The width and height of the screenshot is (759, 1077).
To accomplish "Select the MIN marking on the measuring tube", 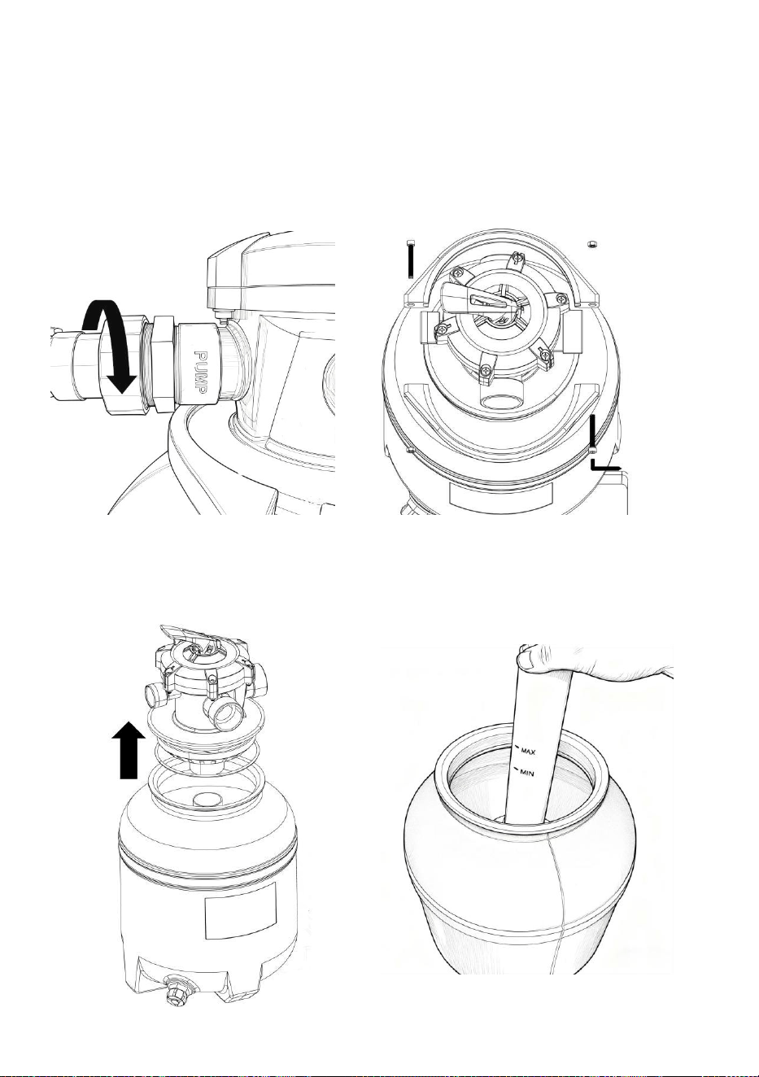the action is click(x=526, y=773).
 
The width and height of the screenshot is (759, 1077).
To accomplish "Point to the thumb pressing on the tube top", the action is click(x=528, y=657).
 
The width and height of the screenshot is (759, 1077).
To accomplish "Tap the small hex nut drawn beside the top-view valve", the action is click(x=592, y=245).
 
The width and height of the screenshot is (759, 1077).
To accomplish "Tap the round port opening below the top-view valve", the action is click(x=501, y=400).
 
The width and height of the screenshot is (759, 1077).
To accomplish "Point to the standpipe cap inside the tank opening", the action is click(x=207, y=799).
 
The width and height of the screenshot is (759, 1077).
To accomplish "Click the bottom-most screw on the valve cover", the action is click(x=486, y=370).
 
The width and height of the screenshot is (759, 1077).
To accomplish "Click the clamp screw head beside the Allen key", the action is click(x=594, y=450).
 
